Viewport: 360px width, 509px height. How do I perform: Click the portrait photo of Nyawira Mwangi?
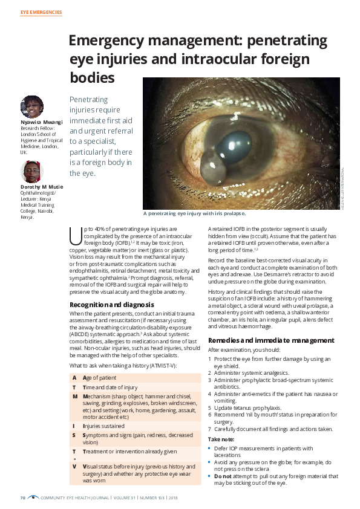31,106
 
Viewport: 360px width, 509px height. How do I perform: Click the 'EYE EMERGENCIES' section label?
41,12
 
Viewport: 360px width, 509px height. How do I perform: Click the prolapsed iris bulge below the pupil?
212,165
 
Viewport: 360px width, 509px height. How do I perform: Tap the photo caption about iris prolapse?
194,213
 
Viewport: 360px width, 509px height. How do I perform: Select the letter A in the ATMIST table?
74,377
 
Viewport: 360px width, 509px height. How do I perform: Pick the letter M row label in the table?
74,396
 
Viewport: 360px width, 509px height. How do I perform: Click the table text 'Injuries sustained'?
106,426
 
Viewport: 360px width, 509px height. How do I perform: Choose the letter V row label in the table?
74,467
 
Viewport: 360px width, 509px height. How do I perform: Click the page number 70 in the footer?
23,498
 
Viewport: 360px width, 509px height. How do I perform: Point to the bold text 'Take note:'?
221,439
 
